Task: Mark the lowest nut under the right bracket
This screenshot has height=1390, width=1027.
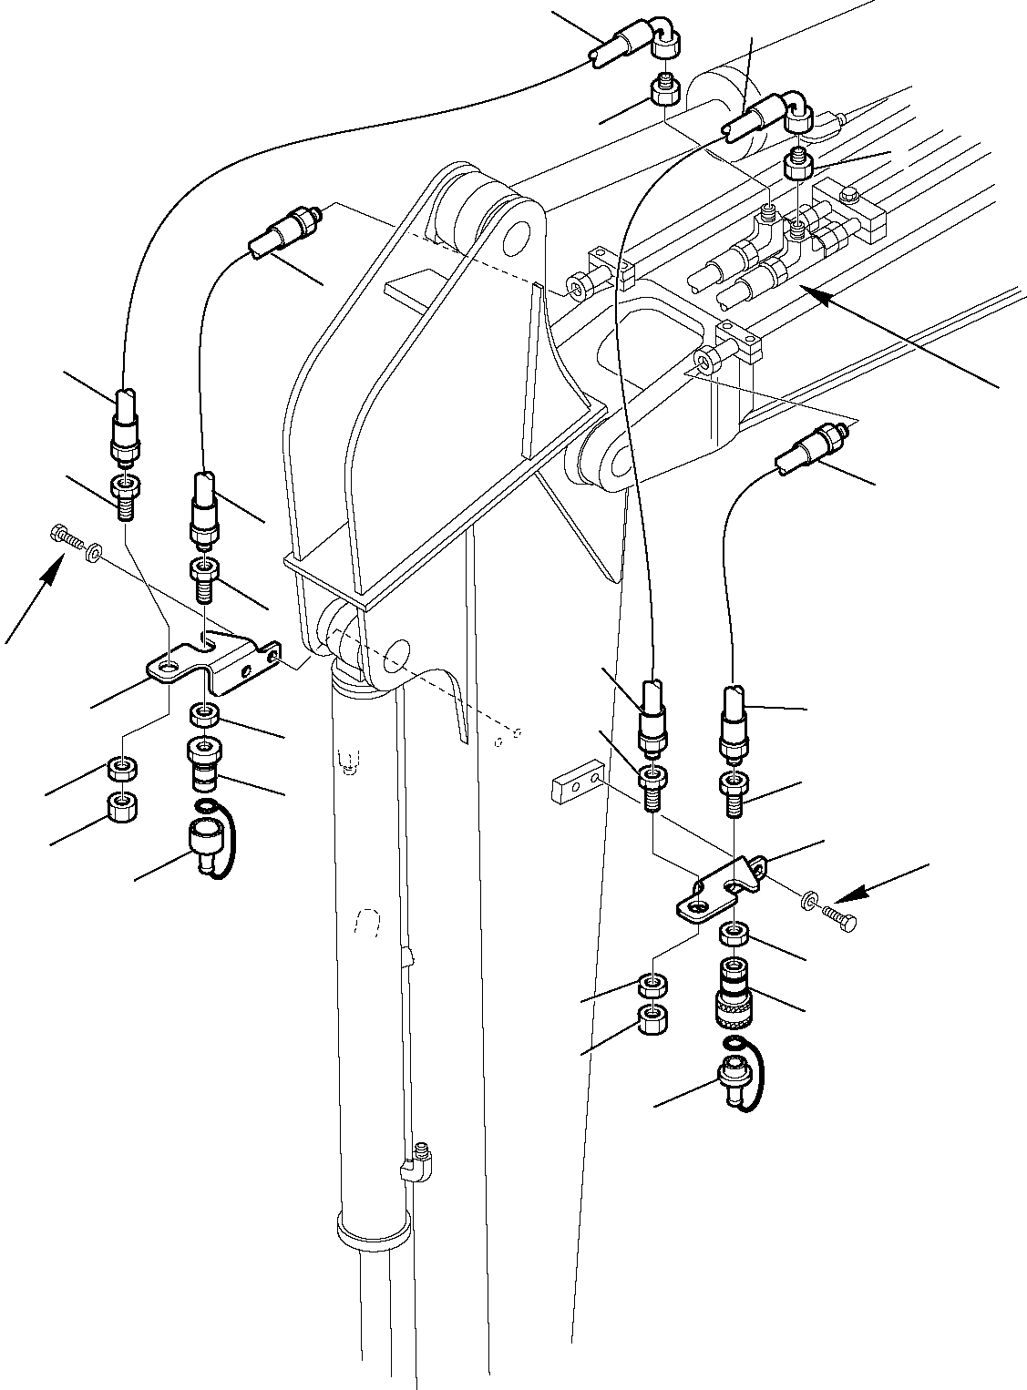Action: pyautogui.click(x=651, y=1019)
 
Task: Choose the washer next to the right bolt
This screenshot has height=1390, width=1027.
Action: pyautogui.click(x=810, y=902)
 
